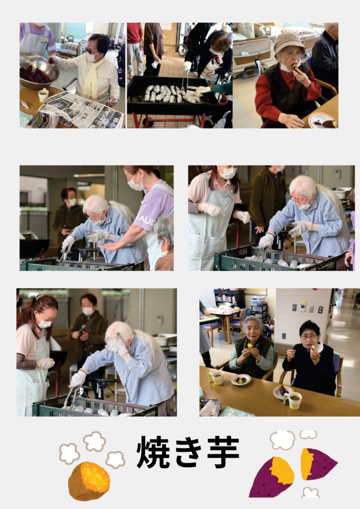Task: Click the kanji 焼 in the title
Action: coord(153,451)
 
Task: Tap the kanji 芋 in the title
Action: coord(223,451)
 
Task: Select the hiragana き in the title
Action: coord(188,452)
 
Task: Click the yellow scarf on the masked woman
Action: coord(91,78)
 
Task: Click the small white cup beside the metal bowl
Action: coord(43,95)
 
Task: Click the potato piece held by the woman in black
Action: coord(313,347)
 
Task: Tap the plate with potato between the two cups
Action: coord(241,379)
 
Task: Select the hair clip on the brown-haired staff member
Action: coord(39,297)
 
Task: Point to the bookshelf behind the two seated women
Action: coord(229,299)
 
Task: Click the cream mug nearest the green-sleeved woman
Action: coord(216,378)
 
